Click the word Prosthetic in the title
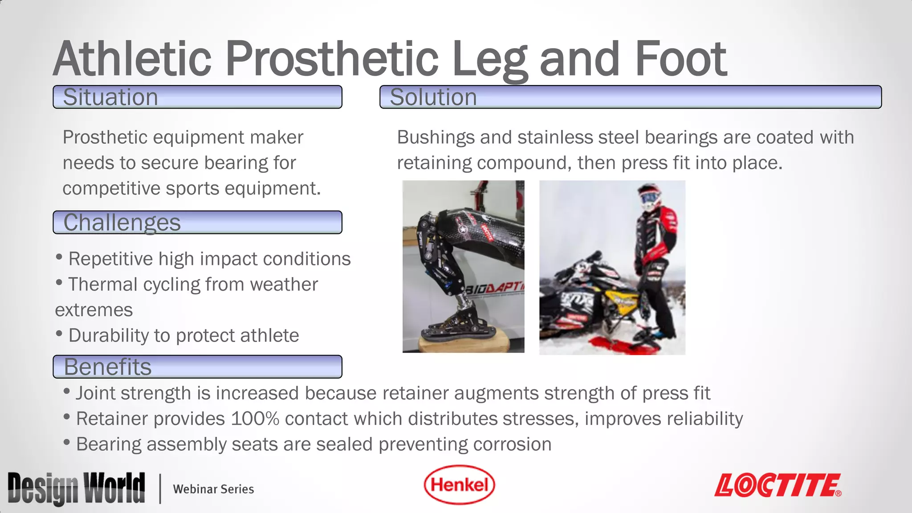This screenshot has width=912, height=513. pos(332,59)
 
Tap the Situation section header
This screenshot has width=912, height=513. pos(197,97)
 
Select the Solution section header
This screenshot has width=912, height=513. pos(630,97)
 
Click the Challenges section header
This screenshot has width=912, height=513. pos(197,222)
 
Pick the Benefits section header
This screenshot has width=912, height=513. pos(197,366)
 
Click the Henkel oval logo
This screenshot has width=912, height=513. pos(459,485)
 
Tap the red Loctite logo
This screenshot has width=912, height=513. pos(778,485)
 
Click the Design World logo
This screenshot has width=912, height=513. pos(76,489)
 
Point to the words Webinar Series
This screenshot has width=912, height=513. pos(213,489)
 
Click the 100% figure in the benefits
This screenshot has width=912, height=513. pos(254,419)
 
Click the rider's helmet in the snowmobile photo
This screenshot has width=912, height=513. pos(649,196)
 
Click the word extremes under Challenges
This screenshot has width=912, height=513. pos(94,310)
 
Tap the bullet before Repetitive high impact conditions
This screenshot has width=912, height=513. pos(59,257)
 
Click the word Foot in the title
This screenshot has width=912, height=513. pos(680,59)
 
